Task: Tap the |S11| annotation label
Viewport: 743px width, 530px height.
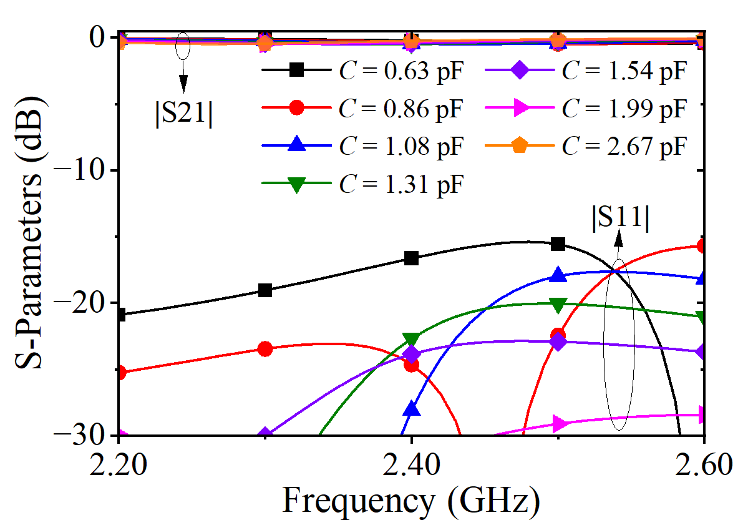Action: (x=620, y=219)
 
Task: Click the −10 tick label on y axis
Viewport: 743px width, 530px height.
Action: (x=84, y=170)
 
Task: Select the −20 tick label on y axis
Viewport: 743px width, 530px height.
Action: (x=84, y=303)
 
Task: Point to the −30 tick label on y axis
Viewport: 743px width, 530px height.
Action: (x=84, y=435)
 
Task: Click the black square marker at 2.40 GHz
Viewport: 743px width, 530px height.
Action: (x=411, y=258)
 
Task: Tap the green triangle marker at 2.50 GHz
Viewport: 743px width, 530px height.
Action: (x=558, y=306)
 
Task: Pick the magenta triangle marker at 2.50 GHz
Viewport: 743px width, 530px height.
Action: (x=558, y=424)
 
